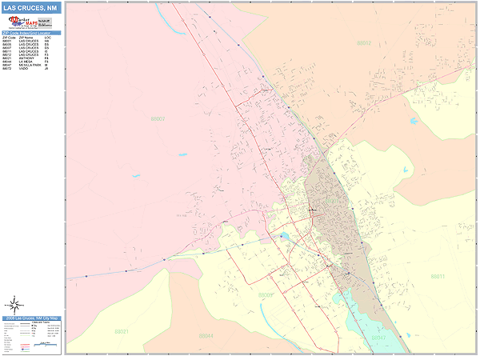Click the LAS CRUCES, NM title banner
[31, 8]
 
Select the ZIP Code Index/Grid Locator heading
[31, 33]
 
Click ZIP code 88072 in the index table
[6, 68]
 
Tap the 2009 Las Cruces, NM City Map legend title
[31, 318]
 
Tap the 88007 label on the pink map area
[157, 119]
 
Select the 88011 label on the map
[437, 276]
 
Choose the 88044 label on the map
[206, 335]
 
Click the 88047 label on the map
[378, 338]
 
